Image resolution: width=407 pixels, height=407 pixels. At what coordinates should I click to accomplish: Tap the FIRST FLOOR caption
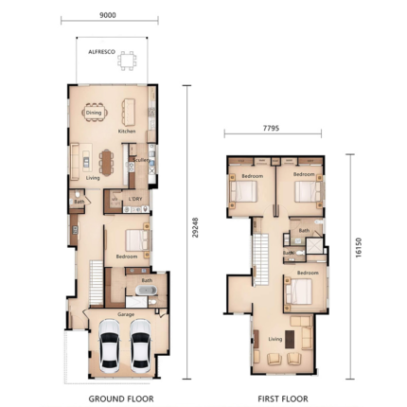pos(282,398)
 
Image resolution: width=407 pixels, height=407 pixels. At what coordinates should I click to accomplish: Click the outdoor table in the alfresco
pos(126,62)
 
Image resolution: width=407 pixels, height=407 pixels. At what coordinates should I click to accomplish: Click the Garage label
pos(125,313)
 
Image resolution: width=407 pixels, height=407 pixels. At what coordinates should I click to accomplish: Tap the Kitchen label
pos(127,131)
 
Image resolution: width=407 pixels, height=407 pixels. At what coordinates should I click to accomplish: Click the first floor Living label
pos(275,338)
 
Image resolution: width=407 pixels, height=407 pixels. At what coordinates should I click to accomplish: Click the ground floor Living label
pos(93,177)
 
